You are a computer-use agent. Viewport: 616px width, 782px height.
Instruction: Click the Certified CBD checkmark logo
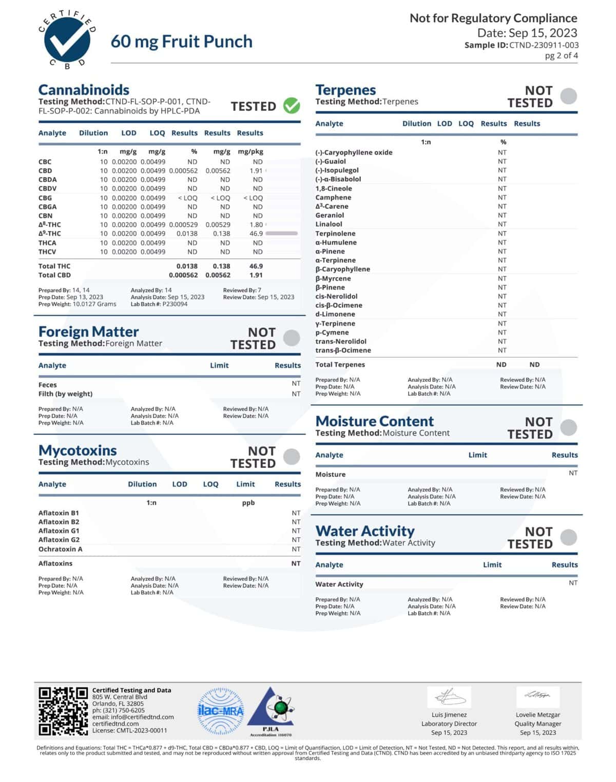[x=67, y=40]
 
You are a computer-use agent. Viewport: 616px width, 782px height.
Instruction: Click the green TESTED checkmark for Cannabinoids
[x=292, y=106]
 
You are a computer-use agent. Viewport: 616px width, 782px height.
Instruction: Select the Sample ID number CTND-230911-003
[x=544, y=45]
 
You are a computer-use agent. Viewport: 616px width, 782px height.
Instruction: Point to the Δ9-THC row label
[x=49, y=233]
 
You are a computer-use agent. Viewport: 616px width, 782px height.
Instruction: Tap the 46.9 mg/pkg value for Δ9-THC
[x=256, y=233]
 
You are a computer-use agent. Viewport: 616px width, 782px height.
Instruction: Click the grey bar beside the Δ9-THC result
[x=281, y=233]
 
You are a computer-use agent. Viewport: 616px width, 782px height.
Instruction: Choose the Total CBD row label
[x=54, y=275]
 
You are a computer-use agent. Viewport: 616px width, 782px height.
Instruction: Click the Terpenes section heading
[x=345, y=90]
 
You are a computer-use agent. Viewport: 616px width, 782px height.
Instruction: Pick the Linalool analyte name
[x=329, y=224]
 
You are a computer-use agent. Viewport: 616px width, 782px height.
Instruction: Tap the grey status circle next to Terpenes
[x=568, y=96]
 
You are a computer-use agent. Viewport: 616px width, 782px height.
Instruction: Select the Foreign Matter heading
[x=88, y=331]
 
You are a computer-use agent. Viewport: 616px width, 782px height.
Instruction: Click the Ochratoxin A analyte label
[x=60, y=549]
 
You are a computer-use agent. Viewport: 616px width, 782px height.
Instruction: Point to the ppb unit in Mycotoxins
[x=248, y=503]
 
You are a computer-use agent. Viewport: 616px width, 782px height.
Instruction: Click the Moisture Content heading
[x=374, y=421]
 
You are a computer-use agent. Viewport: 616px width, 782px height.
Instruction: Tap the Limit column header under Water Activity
[x=492, y=564]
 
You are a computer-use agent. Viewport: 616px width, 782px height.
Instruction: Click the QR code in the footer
[x=63, y=711]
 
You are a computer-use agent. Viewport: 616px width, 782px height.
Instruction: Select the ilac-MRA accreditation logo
[x=221, y=711]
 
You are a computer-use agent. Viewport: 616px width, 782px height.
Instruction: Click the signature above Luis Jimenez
[x=450, y=697]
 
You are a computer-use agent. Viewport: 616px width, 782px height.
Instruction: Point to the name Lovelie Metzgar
[x=537, y=715]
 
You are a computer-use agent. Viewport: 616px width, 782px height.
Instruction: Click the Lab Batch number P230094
[x=175, y=304]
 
